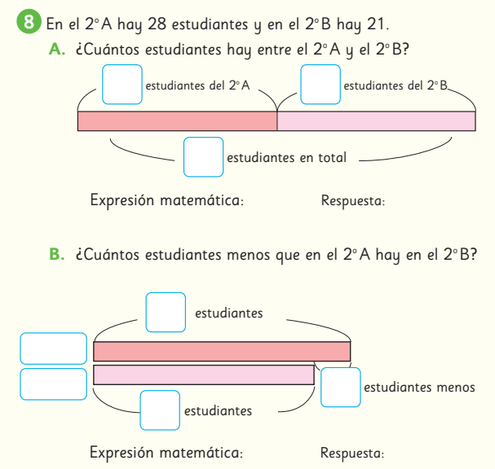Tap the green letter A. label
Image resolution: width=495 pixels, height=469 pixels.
pos(57,50)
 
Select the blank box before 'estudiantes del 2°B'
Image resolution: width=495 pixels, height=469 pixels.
pos(320,85)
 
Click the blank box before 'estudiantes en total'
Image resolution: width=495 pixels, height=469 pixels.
pos(203,157)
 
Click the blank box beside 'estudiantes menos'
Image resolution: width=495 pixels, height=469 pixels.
pos(341,387)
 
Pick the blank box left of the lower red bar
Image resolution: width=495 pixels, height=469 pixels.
pos(53,348)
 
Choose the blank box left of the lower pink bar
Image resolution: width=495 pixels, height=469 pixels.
pos(53,384)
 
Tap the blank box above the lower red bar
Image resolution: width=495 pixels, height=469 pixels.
pos(166,312)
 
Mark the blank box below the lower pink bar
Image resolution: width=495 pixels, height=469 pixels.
pos(160,410)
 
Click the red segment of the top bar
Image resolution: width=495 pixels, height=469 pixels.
pos(177,121)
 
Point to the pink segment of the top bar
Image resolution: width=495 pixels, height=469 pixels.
pos(376,121)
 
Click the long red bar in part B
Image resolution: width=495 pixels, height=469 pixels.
pos(222,351)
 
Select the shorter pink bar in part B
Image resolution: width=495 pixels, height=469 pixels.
pos(204,375)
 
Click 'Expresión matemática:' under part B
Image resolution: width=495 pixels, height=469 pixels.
pos(166,452)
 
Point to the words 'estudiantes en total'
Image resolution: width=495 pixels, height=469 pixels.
pos(286,158)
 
